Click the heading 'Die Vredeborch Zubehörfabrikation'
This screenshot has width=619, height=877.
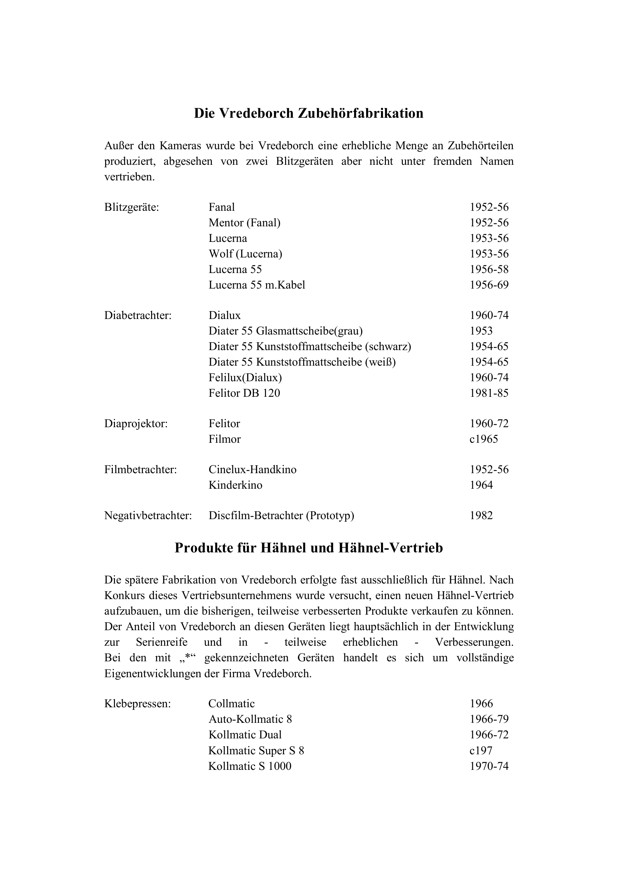tap(309, 114)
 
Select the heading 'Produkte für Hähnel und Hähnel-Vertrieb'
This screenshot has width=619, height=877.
tap(309, 548)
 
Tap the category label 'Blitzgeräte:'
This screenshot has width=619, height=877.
tap(132, 208)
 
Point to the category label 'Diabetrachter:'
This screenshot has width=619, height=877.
tap(138, 315)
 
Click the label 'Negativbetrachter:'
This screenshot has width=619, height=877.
tap(148, 516)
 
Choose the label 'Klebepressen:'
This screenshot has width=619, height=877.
tap(138, 704)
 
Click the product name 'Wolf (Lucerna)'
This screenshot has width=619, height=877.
tap(245, 254)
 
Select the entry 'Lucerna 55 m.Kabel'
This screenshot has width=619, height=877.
tap(257, 285)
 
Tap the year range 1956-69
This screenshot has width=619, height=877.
tap(489, 285)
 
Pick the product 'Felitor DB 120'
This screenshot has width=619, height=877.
tap(244, 393)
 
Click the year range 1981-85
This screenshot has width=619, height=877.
tap(489, 393)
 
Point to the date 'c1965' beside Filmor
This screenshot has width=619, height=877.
tap(484, 439)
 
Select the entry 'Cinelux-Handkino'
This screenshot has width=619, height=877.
tap(253, 469)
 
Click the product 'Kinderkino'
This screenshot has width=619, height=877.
tap(235, 485)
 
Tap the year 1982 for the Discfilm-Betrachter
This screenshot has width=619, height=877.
tap(481, 516)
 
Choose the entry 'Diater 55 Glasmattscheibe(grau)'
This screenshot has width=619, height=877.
tap(285, 331)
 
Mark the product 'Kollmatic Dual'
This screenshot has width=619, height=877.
tap(245, 735)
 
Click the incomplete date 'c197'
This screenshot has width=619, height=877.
tap(481, 750)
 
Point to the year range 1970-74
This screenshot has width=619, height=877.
tap(489, 766)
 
